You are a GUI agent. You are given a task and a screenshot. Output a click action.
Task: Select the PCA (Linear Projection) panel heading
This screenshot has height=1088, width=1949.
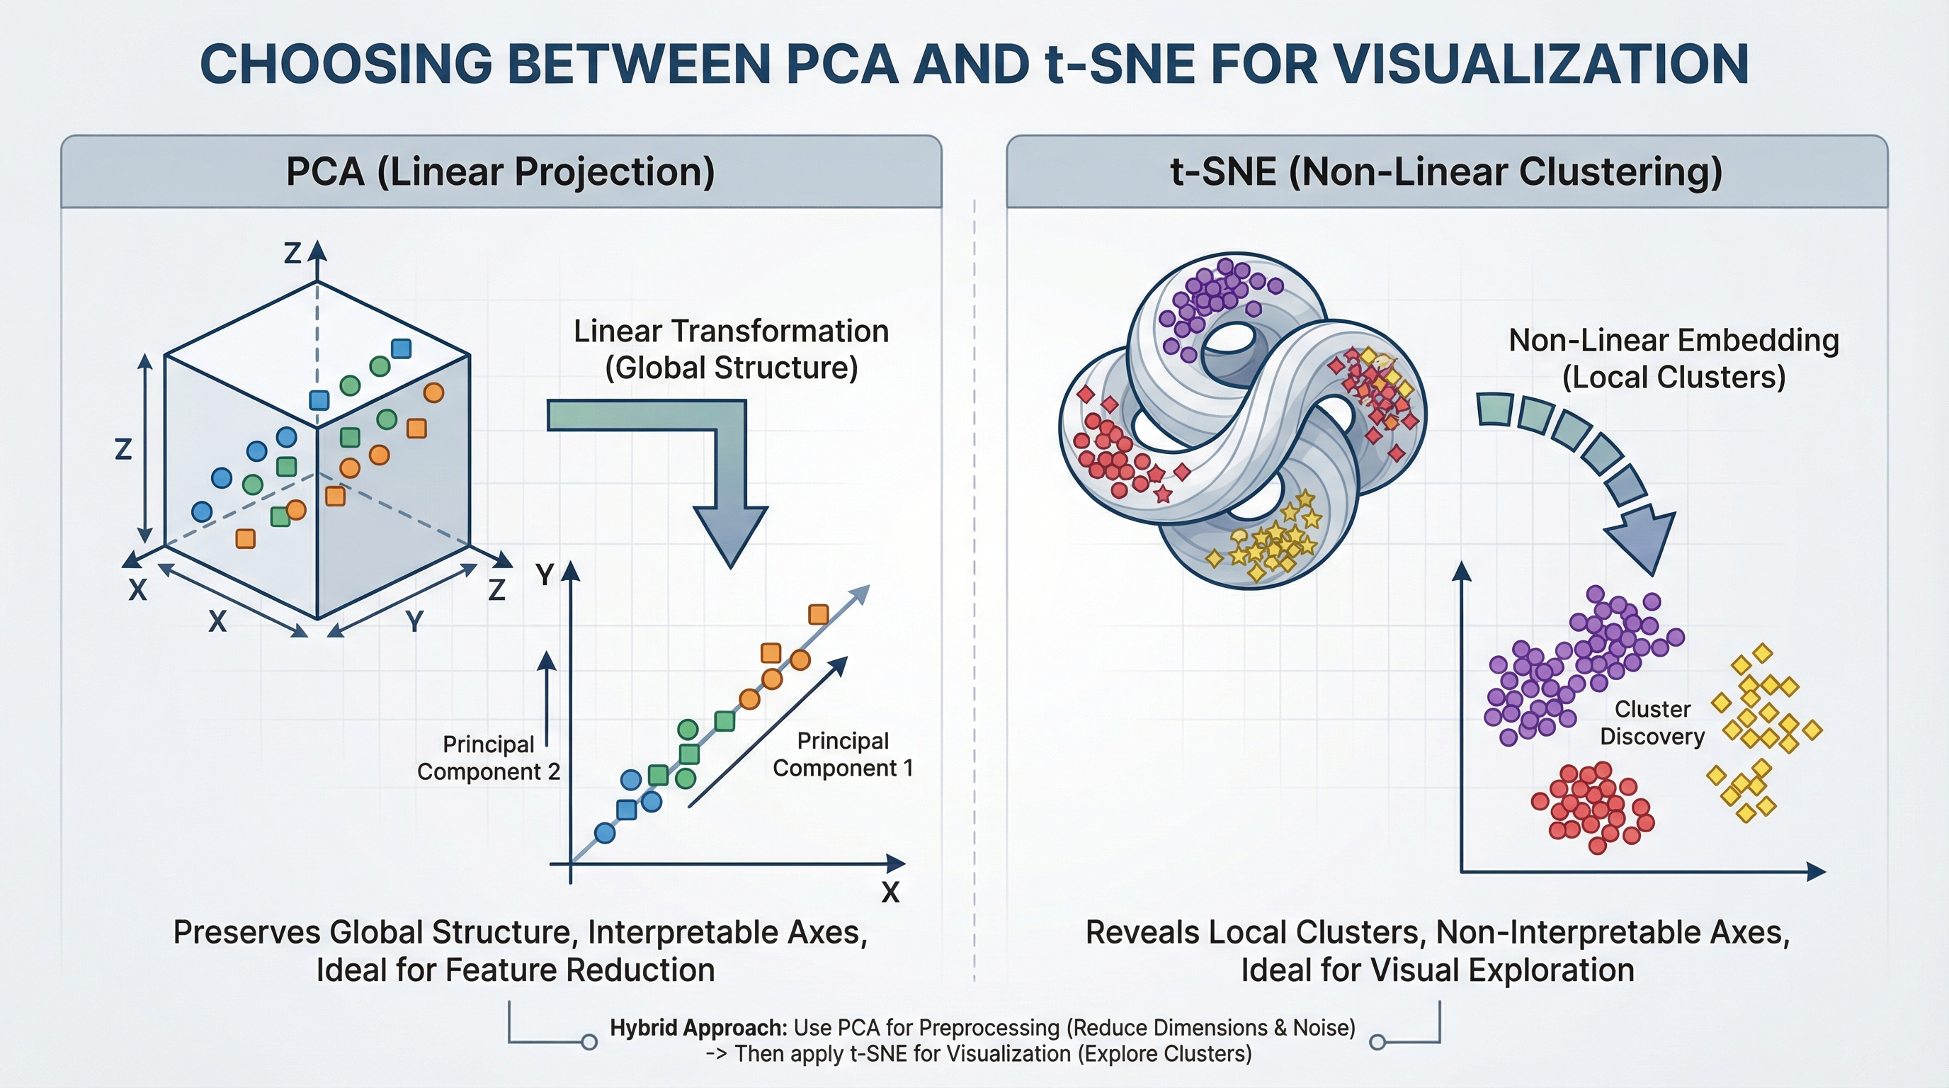tap(500, 171)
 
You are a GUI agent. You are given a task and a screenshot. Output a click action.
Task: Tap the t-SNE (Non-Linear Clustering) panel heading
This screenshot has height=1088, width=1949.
tap(1446, 171)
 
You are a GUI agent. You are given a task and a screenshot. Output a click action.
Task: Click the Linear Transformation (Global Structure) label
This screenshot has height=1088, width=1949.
tap(731, 349)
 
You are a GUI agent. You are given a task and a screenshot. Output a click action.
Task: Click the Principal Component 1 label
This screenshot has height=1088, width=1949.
tap(843, 754)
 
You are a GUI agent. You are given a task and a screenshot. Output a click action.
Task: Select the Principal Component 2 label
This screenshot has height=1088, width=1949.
tap(488, 758)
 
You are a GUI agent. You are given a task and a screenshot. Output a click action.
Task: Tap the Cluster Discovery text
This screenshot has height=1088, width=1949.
tap(1652, 722)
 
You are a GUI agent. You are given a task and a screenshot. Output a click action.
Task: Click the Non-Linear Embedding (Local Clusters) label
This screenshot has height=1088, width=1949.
tap(1674, 358)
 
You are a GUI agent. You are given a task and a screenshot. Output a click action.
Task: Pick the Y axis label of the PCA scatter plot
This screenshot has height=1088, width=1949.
tap(545, 576)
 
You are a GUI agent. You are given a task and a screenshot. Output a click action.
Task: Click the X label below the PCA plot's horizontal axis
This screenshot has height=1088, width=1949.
tap(890, 892)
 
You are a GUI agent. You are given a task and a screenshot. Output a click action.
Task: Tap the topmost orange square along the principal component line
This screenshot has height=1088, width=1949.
tap(818, 614)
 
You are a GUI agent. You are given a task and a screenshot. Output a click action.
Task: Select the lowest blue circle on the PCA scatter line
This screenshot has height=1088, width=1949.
tap(605, 833)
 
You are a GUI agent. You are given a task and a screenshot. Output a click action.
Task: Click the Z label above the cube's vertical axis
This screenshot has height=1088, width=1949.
tap(292, 254)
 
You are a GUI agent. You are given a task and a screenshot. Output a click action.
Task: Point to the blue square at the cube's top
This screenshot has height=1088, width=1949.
tap(401, 348)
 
